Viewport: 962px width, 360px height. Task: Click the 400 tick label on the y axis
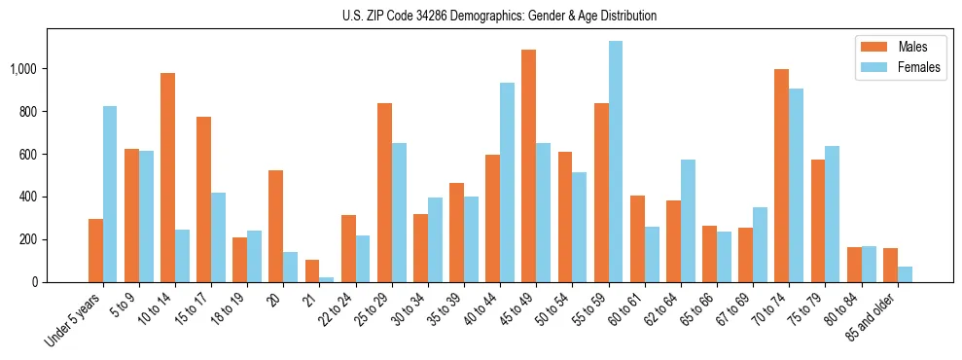[x=28, y=197]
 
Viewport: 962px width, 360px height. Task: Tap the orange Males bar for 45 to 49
[x=529, y=165]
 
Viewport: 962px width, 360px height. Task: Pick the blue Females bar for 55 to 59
[x=616, y=162]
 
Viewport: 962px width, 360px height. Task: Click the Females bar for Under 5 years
[x=110, y=194]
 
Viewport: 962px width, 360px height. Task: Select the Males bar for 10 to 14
[x=167, y=177]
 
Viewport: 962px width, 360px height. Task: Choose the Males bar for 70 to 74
[x=782, y=175]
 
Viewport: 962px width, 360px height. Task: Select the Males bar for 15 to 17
[x=203, y=199]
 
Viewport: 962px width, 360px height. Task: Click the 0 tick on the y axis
[x=35, y=282]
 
